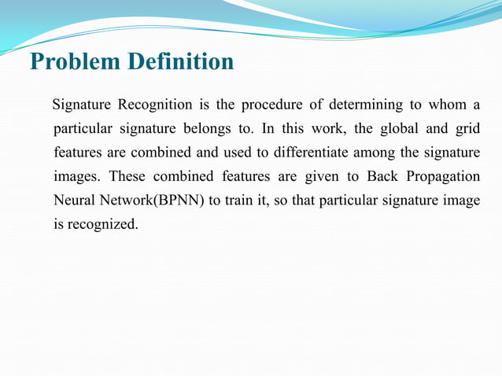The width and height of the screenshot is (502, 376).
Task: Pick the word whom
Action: (454, 105)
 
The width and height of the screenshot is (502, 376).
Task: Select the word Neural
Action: (74, 200)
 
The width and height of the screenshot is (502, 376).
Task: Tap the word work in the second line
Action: (326, 127)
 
